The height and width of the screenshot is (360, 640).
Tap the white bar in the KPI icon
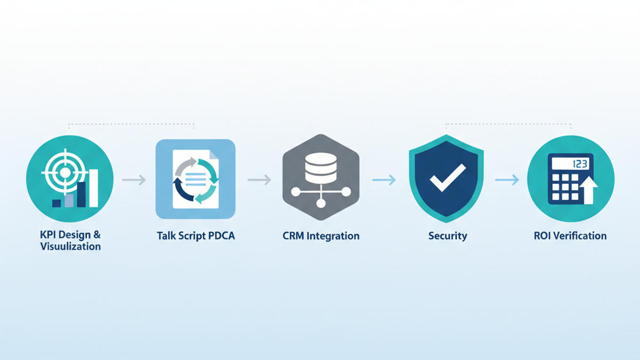click(94, 188)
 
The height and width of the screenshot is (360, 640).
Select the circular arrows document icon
click(195, 179)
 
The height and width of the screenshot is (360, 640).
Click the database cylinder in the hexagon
click(320, 167)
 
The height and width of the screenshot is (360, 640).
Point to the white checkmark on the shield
click(446, 177)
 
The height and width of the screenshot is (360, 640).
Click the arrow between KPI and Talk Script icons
click(134, 180)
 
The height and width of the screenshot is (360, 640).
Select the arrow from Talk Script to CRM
click(259, 180)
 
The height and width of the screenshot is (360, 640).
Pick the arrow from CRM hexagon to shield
click(384, 180)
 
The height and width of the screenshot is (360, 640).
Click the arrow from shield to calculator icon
click(507, 180)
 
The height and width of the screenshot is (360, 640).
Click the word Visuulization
click(70, 246)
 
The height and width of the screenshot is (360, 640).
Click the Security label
click(447, 235)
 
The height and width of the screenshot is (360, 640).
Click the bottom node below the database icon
click(321, 203)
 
